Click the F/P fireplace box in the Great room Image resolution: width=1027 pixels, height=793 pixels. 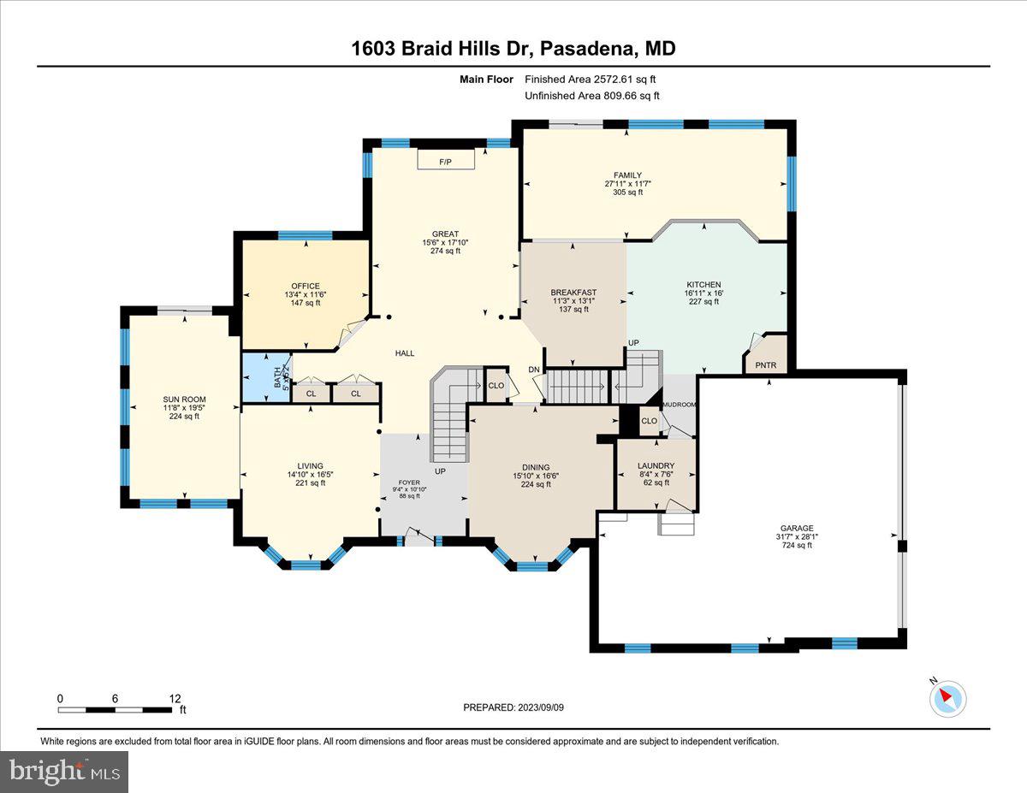(445, 161)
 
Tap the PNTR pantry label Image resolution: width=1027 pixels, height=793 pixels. (766, 365)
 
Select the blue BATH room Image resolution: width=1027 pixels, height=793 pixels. (266, 377)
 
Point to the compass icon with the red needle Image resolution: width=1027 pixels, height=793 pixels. (947, 698)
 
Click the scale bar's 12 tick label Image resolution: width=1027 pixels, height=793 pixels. (175, 698)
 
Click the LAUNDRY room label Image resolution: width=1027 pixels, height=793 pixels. (656, 466)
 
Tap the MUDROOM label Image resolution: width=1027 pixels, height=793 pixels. (681, 405)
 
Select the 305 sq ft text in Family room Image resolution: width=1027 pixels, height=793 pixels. (633, 192)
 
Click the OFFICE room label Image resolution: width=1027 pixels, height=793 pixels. (306, 286)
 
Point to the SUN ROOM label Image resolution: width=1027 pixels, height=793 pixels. (185, 399)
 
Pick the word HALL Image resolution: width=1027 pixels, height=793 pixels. (405, 352)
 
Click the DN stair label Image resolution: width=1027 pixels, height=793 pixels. (533, 370)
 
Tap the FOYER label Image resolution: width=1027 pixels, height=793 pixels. (409, 482)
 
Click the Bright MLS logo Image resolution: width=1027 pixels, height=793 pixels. (64, 771)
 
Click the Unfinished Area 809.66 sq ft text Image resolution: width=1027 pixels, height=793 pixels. (591, 96)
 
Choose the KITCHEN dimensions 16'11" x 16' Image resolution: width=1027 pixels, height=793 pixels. (703, 293)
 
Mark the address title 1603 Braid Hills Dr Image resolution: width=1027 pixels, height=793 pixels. (442, 49)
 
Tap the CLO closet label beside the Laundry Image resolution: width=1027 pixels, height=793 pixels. (650, 420)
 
